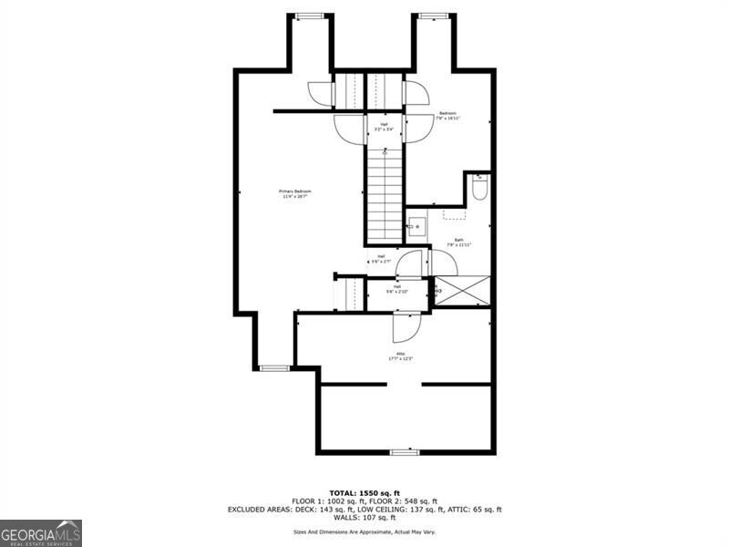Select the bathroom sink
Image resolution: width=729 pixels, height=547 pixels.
tap(416, 226)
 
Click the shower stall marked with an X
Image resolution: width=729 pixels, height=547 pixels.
tap(462, 290)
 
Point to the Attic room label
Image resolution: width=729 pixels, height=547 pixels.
tap(400, 356)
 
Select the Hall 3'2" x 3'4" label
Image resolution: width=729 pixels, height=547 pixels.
tap(384, 127)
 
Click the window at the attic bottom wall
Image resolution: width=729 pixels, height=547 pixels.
tap(404, 452)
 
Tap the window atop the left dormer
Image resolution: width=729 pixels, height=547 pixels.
tap(311, 15)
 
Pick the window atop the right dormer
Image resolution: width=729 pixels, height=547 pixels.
tap(433, 15)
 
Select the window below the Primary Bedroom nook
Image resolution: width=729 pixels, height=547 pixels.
tap(274, 368)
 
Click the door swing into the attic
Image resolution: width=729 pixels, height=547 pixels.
tap(406, 326)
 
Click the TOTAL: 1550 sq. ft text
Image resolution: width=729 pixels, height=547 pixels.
tap(364, 492)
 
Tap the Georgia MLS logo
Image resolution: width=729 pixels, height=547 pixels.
tap(41, 532)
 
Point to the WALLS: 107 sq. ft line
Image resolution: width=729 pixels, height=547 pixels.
tap(364, 519)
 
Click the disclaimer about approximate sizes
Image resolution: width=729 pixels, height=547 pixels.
tap(364, 532)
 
